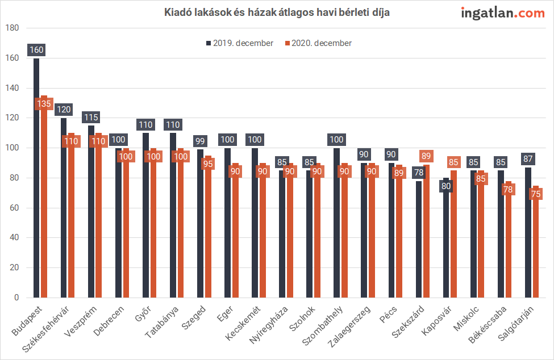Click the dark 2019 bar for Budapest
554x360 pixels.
pyautogui.click(x=36, y=182)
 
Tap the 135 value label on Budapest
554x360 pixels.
pyautogui.click(x=44, y=104)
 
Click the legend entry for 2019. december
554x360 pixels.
pyautogui.click(x=239, y=43)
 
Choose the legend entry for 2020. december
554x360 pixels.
pyautogui.click(x=318, y=43)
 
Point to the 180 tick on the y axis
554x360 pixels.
pyautogui.click(x=13, y=28)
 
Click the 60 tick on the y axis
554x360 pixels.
pyautogui.click(x=13, y=208)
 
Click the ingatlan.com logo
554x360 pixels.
pyautogui.click(x=502, y=13)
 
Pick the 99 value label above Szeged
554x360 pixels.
pyautogui.click(x=200, y=141)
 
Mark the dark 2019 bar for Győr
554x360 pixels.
pyautogui.click(x=145, y=216)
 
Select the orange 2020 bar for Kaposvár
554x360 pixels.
pyautogui.click(x=453, y=238)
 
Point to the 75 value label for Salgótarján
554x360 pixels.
pyautogui.click(x=535, y=194)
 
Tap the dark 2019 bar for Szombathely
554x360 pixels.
pyautogui.click(x=336, y=227)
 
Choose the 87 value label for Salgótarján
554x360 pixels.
pyautogui.click(x=527, y=159)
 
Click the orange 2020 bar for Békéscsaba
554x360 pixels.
pyautogui.click(x=508, y=244)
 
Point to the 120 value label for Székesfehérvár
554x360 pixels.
pyautogui.click(x=64, y=110)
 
